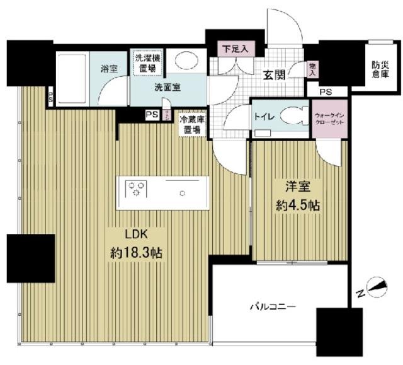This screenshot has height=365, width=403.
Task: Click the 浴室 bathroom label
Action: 110,68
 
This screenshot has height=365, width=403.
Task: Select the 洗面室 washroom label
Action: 168,88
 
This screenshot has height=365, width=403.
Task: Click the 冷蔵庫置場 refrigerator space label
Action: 190,125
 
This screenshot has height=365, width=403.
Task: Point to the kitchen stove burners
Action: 137,188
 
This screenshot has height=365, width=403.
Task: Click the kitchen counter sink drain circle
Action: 183,193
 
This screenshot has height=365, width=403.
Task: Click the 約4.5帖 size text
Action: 296,206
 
